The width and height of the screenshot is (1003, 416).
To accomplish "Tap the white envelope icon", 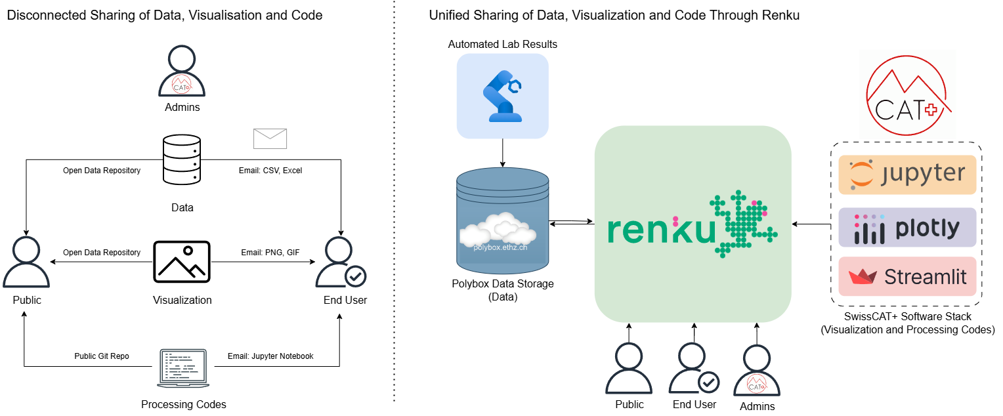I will [270, 138].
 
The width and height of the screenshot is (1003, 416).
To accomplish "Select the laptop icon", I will [183, 367].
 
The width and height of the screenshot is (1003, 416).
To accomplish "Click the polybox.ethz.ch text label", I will [500, 247].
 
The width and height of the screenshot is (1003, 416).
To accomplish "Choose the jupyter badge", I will [907, 175].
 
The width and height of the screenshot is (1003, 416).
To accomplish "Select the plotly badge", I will [907, 228].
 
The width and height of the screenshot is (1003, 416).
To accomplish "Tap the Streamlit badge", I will [907, 277].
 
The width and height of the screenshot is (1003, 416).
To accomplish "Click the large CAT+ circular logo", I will [907, 94].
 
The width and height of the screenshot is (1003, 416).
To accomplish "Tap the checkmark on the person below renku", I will [708, 382].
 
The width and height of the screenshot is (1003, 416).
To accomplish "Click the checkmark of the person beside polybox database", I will [355, 276].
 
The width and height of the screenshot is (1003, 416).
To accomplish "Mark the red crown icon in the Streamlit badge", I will [863, 277].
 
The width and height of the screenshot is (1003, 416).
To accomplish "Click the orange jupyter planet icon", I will [863, 175].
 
